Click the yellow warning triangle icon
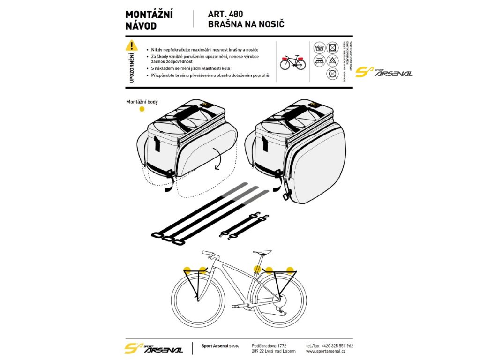click(132, 45)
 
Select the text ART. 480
click(225, 14)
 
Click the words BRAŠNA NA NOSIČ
click(246, 24)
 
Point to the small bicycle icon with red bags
click(292, 61)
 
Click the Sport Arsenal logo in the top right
click(384, 72)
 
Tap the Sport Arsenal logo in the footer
click(153, 348)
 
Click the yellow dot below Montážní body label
click(142, 109)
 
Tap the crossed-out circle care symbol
click(332, 74)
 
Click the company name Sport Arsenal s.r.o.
click(220, 345)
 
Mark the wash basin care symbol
click(321, 47)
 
